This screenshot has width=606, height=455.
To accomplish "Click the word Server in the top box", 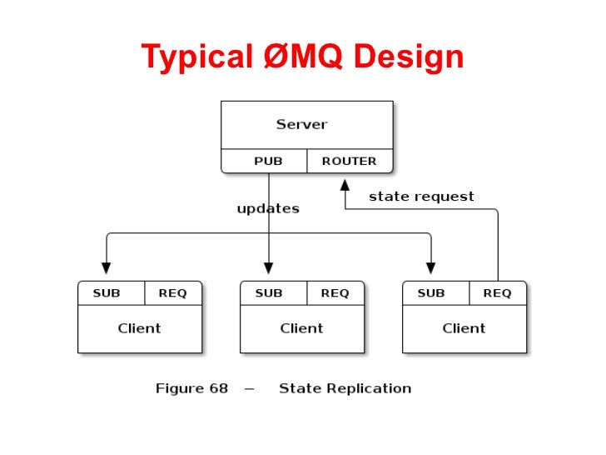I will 301,125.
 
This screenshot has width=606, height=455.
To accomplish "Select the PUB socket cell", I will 268,161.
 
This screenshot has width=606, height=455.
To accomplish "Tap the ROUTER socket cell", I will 349,161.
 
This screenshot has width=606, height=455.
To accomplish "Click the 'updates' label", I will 268,208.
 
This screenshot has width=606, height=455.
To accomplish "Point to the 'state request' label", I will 421,197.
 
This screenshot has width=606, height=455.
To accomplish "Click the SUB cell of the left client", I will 107,293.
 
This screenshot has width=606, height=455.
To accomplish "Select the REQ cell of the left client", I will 172,293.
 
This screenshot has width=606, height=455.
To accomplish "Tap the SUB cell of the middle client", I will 269,293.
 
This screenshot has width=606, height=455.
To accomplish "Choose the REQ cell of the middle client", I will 335,293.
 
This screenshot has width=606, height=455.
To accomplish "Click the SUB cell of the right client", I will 431,293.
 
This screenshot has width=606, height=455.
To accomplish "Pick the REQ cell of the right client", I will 497,293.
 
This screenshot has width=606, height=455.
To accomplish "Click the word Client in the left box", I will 139,328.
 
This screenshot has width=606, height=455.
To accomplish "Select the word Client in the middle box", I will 301,328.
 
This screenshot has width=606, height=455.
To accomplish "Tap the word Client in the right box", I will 464,328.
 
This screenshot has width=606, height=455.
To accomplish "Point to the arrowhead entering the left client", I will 106,268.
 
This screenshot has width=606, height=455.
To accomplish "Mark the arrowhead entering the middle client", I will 268,268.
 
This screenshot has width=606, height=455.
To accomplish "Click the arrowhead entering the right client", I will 431,268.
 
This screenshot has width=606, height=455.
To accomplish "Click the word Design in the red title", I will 408,57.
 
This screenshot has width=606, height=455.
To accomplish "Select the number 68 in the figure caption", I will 216,388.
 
